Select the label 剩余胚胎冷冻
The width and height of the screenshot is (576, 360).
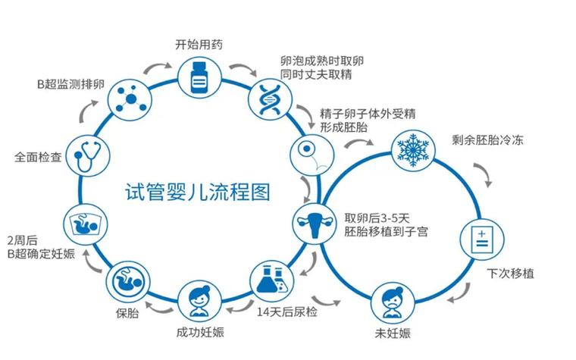[490, 140]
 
